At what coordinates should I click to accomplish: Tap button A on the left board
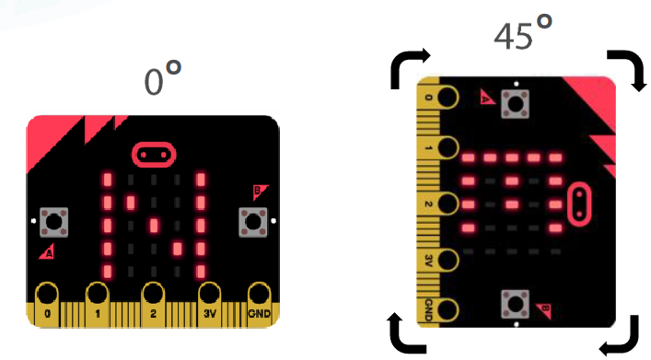coord(55,222)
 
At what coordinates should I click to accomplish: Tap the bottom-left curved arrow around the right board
coord(408,333)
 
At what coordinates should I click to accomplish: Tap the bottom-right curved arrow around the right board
coord(621,336)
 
